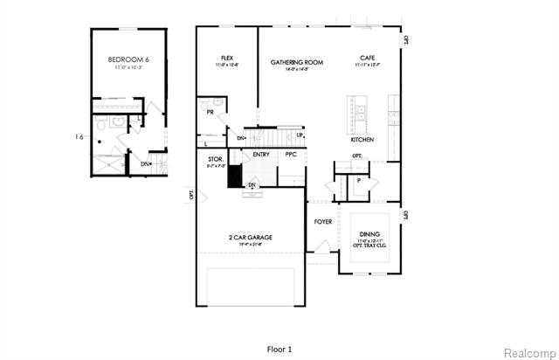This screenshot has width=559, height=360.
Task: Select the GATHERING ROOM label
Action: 296,62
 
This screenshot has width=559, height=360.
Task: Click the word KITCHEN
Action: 363,139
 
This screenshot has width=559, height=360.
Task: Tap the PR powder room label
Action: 210,113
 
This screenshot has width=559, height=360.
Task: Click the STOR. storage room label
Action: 216,159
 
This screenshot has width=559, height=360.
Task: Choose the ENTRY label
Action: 261,155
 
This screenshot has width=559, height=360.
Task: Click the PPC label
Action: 291,155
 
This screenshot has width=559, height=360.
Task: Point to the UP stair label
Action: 300,135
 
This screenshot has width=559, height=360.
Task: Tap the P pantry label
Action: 358,180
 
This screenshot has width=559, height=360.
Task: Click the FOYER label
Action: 322,222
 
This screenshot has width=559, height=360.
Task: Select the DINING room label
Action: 369,233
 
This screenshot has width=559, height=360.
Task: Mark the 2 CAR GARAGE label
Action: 251,237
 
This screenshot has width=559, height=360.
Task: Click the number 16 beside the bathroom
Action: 79,136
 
